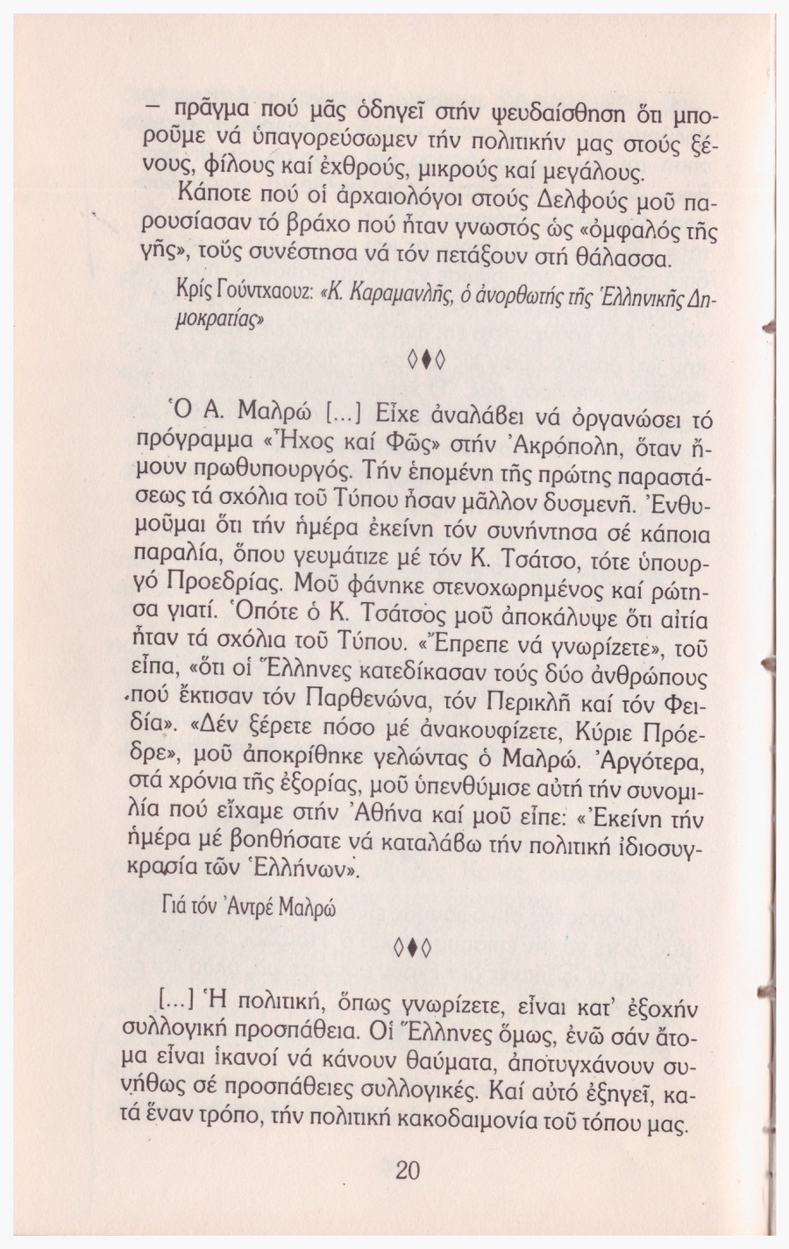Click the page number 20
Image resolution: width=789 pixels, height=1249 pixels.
tap(409, 1170)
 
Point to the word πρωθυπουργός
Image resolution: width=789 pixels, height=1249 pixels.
tap(259, 480)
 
